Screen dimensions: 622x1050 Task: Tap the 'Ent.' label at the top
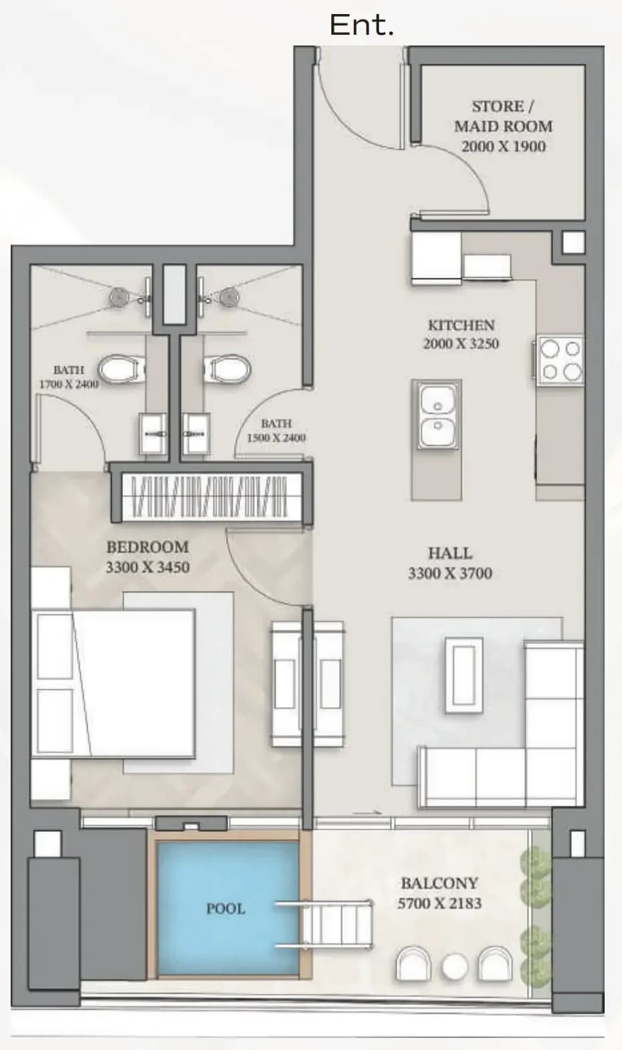tap(362, 25)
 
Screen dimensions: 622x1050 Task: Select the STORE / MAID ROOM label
tap(503, 116)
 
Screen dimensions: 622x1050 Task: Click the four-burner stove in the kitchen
tap(560, 359)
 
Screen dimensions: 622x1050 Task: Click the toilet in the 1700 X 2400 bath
tap(121, 369)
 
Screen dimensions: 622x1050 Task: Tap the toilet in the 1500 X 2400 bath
tap(227, 369)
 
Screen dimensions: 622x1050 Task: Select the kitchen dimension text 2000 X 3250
tap(461, 343)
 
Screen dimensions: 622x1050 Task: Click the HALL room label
tap(450, 553)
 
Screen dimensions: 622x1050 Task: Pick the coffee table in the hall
tap(463, 675)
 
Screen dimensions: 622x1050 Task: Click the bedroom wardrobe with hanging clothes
tap(211, 497)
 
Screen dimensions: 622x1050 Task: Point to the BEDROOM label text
tap(148, 547)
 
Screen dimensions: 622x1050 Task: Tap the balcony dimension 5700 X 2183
tap(439, 903)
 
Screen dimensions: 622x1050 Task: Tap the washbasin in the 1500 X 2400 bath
tap(196, 434)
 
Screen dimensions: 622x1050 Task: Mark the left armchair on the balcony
tap(413, 963)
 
